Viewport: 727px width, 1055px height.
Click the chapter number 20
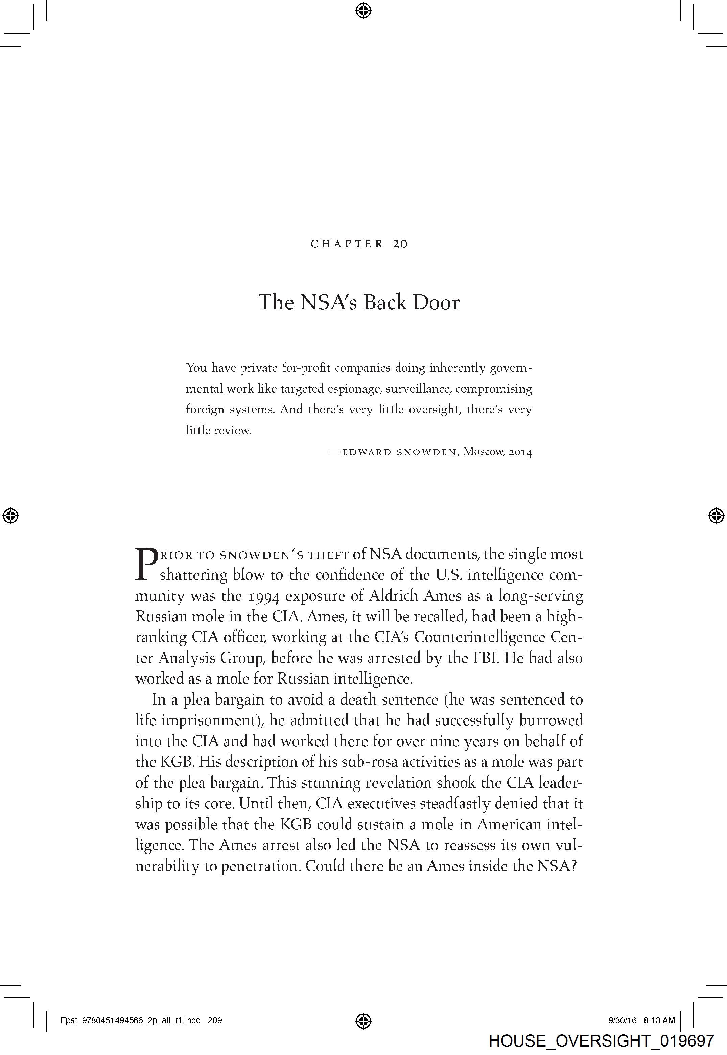(x=400, y=244)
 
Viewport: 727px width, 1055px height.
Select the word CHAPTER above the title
(x=347, y=244)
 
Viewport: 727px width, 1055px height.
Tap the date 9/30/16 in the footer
(x=622, y=1020)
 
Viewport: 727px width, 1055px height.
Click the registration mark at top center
(x=363, y=10)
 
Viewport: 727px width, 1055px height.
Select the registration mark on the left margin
(x=10, y=516)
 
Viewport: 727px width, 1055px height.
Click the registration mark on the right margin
(x=716, y=516)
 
